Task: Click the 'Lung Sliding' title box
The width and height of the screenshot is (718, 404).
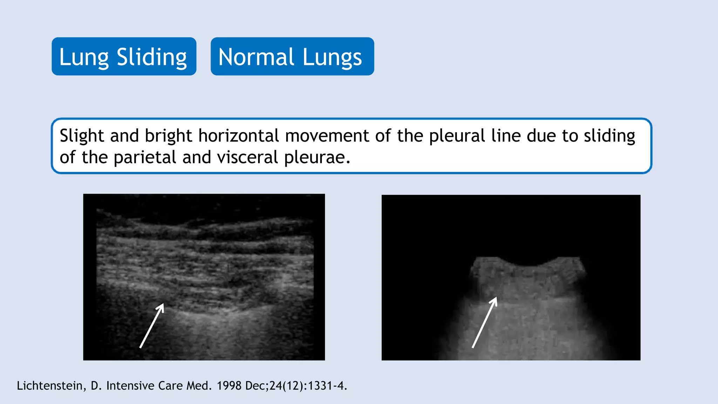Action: [x=124, y=56]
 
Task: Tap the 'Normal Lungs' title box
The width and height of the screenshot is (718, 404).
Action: [x=292, y=56]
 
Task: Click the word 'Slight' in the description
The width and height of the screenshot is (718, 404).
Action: [x=82, y=136]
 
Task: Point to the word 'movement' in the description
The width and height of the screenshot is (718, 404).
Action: [x=327, y=136]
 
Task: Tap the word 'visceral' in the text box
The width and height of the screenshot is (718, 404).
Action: [x=248, y=157]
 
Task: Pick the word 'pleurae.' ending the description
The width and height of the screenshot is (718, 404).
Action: [x=317, y=157]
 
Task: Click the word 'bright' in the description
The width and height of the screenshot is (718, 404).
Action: [x=168, y=136]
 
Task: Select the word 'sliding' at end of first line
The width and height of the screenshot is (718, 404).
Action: [x=609, y=136]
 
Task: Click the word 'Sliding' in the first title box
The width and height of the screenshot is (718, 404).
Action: [x=151, y=57]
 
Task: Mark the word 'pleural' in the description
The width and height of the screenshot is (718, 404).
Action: [x=457, y=136]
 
